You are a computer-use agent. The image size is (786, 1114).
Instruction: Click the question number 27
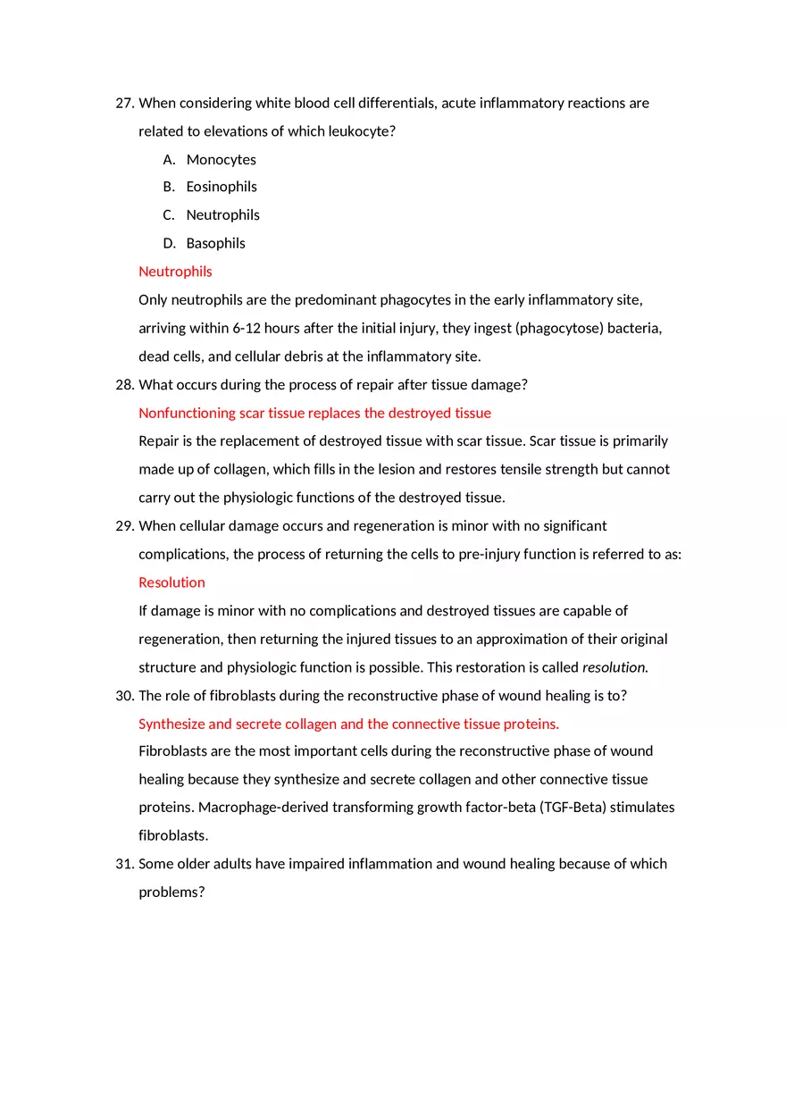pyautogui.click(x=124, y=104)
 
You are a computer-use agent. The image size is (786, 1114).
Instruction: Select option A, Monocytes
pyautogui.click(x=221, y=160)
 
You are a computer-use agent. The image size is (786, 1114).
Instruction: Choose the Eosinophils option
pyautogui.click(x=222, y=187)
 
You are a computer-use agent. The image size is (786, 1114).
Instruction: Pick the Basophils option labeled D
pyautogui.click(x=215, y=243)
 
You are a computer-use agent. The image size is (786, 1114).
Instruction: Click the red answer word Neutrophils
pyautogui.click(x=175, y=272)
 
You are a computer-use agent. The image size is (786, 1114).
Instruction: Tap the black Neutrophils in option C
pyautogui.click(x=222, y=215)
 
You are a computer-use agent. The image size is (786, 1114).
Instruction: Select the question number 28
pyautogui.click(x=124, y=385)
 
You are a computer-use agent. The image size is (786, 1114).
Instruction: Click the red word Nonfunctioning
pyautogui.click(x=187, y=413)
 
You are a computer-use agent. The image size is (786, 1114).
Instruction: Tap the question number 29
pyautogui.click(x=124, y=526)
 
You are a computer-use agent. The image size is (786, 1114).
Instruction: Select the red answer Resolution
pyautogui.click(x=171, y=582)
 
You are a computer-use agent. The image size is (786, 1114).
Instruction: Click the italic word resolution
pyautogui.click(x=615, y=667)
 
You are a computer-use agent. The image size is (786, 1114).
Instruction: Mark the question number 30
pyautogui.click(x=124, y=696)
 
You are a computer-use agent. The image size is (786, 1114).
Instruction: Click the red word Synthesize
pyautogui.click(x=171, y=724)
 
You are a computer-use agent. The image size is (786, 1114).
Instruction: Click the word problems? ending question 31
pyautogui.click(x=171, y=892)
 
